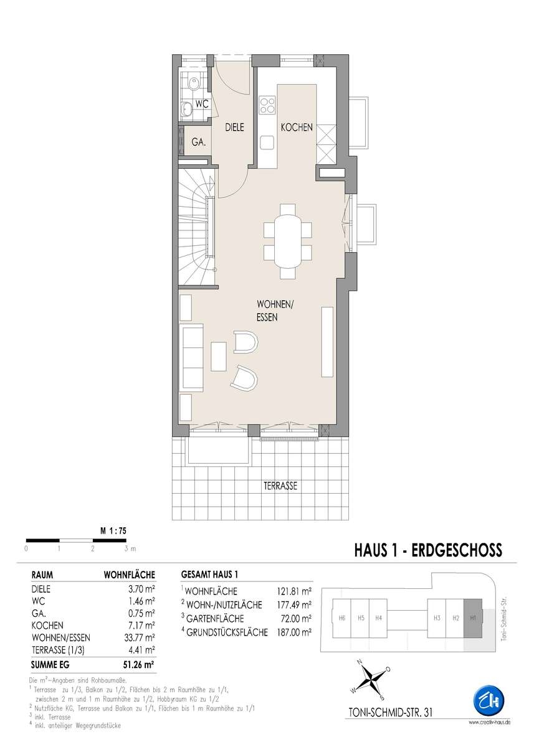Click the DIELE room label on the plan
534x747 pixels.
[x=234, y=127]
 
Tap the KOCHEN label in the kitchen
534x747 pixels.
[x=297, y=127]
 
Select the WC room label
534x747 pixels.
[x=202, y=104]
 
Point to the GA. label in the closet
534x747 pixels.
[x=199, y=142]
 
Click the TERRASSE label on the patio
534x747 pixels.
[x=280, y=486]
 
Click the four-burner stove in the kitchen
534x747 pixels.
[x=267, y=105]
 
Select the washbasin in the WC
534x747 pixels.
[x=186, y=108]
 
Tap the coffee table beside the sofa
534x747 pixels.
[x=219, y=357]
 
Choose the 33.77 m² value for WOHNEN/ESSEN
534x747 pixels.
[x=139, y=637]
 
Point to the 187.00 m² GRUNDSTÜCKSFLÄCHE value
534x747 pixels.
[x=294, y=632]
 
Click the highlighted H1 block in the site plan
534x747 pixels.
[x=472, y=618]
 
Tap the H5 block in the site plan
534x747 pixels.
[x=360, y=618]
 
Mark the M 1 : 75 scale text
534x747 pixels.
[x=113, y=531]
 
